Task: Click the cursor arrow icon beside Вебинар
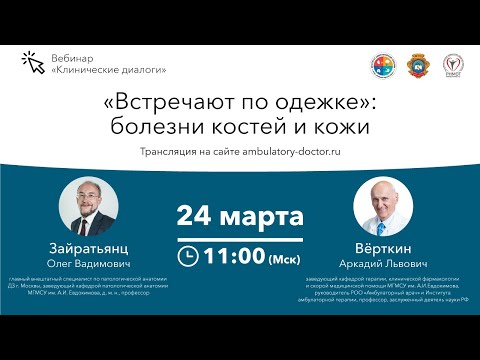click(x=32, y=60)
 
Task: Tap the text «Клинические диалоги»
click(x=107, y=69)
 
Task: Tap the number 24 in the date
click(x=197, y=215)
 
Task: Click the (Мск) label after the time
click(x=283, y=258)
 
